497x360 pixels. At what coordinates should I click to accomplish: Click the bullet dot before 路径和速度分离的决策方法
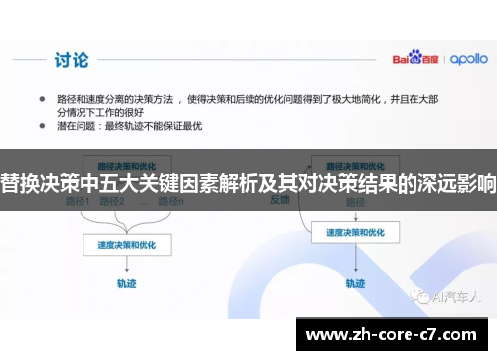point(42,99)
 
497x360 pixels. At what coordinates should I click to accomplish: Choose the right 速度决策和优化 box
point(348,233)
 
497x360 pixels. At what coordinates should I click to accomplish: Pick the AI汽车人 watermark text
point(456,295)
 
